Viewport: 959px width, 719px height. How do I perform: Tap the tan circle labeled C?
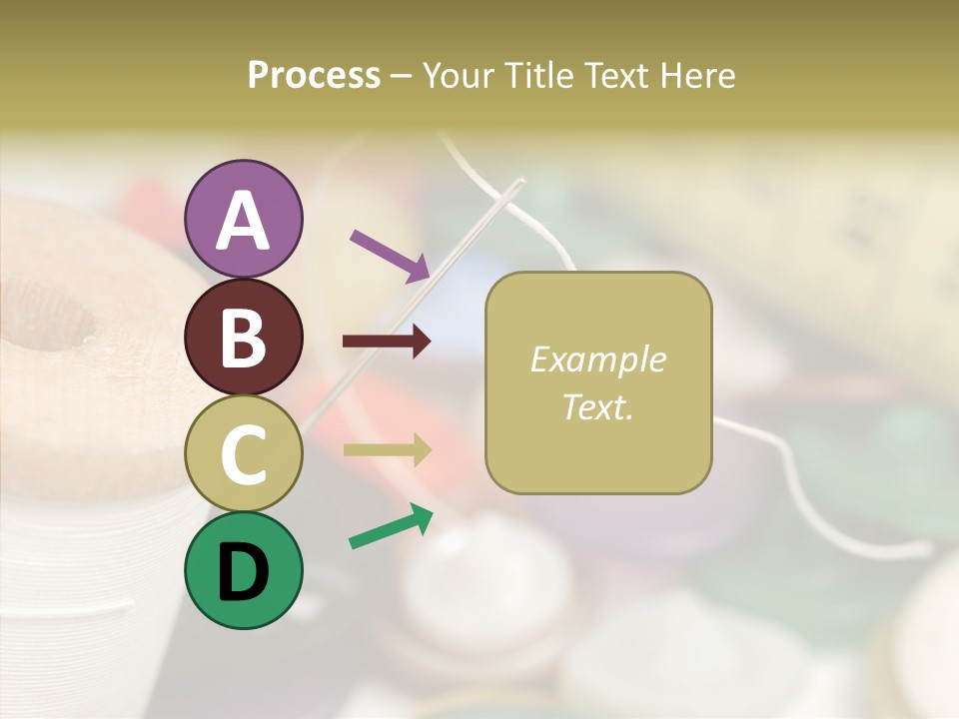pyautogui.click(x=244, y=453)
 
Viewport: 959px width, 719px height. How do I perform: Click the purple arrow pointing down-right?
pyautogui.click(x=390, y=255)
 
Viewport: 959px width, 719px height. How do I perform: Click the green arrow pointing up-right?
pyautogui.click(x=391, y=526)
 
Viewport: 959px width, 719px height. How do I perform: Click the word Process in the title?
pyautogui.click(x=314, y=75)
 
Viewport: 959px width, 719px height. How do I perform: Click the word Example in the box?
pyautogui.click(x=597, y=359)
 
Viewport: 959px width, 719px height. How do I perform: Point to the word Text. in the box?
pyautogui.click(x=597, y=406)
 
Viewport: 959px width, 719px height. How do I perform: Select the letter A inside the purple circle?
pyautogui.click(x=244, y=220)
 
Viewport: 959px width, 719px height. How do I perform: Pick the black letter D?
pyautogui.click(x=244, y=572)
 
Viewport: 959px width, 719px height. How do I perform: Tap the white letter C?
pyautogui.click(x=244, y=453)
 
